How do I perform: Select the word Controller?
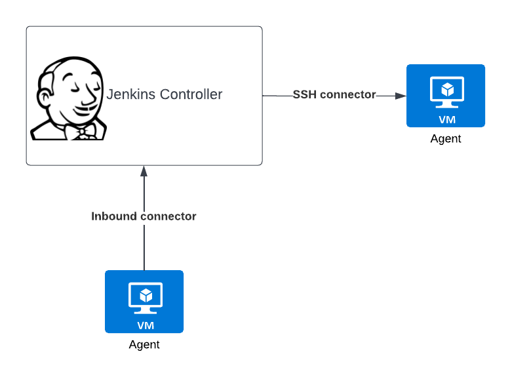tap(191, 94)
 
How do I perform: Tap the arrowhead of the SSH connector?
tap(401, 96)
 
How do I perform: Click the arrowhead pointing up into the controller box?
tap(144, 171)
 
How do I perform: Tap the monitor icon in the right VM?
tap(446, 92)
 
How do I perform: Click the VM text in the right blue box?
tap(446, 119)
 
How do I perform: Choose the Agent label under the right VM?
tap(446, 139)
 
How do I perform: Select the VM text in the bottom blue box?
tap(144, 325)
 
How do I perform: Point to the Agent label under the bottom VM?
tap(144, 345)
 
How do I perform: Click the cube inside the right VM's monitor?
tap(446, 89)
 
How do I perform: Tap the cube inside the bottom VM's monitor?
tap(144, 294)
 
